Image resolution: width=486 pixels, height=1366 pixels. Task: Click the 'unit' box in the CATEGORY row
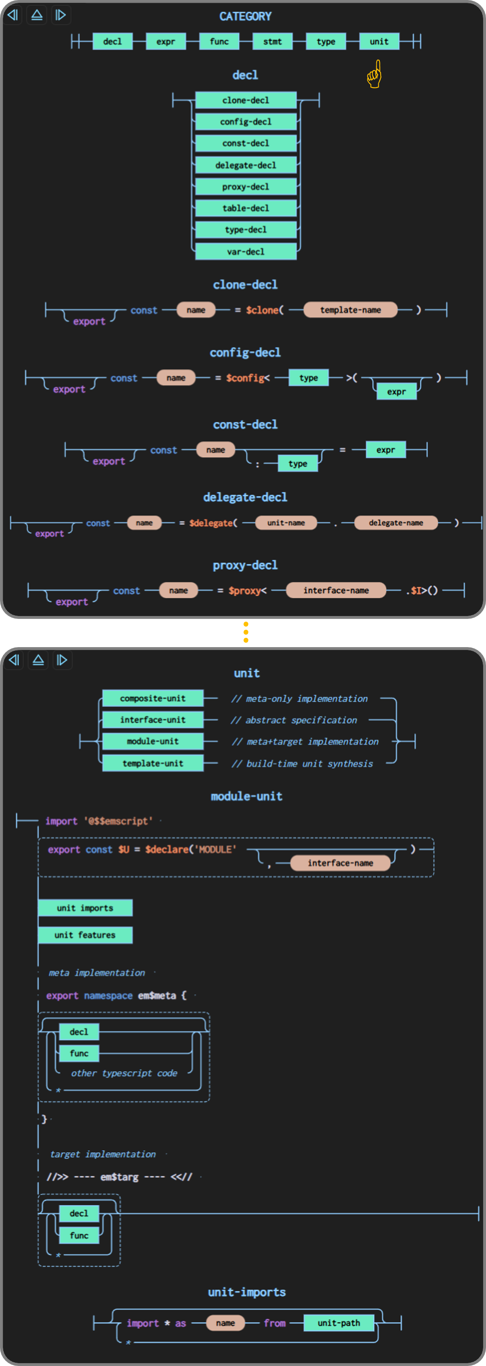[379, 42]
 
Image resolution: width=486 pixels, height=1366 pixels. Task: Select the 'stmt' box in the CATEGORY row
[272, 42]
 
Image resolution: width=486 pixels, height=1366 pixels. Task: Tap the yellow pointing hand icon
[374, 74]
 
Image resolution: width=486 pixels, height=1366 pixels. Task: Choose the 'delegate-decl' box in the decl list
[246, 165]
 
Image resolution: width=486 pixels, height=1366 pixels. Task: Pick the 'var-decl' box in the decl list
[246, 251]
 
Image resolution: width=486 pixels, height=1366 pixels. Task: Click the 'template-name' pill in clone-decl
[350, 310]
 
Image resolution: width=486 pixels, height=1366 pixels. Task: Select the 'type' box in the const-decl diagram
[298, 464]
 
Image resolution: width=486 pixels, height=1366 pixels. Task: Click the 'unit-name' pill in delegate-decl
[286, 523]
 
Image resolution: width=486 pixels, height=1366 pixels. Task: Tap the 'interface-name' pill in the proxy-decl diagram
[336, 590]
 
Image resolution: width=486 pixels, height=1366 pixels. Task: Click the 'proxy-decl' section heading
[245, 565]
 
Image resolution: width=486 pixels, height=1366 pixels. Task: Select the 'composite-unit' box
[153, 698]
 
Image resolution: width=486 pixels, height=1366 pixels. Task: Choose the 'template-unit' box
[153, 763]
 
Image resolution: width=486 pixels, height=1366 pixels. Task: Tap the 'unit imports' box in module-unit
[85, 908]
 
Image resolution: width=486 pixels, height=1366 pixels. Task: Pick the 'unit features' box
[85, 935]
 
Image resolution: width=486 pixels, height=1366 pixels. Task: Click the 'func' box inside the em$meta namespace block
[79, 1053]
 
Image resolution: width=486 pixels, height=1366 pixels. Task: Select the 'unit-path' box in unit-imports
[338, 1322]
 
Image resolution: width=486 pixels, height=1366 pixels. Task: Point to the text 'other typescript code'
[124, 1073]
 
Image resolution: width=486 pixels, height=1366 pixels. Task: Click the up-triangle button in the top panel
[37, 15]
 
